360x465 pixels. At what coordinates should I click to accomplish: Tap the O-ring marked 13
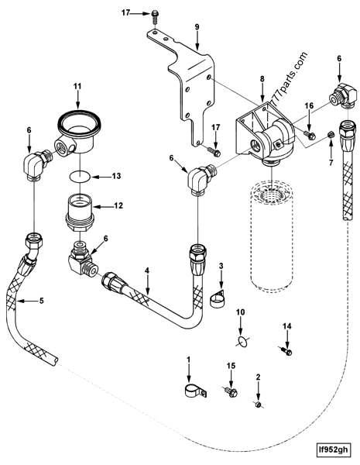77,177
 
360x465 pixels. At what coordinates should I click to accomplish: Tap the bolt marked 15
229,393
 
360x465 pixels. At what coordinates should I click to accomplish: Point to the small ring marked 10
242,339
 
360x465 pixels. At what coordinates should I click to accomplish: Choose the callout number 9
197,27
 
